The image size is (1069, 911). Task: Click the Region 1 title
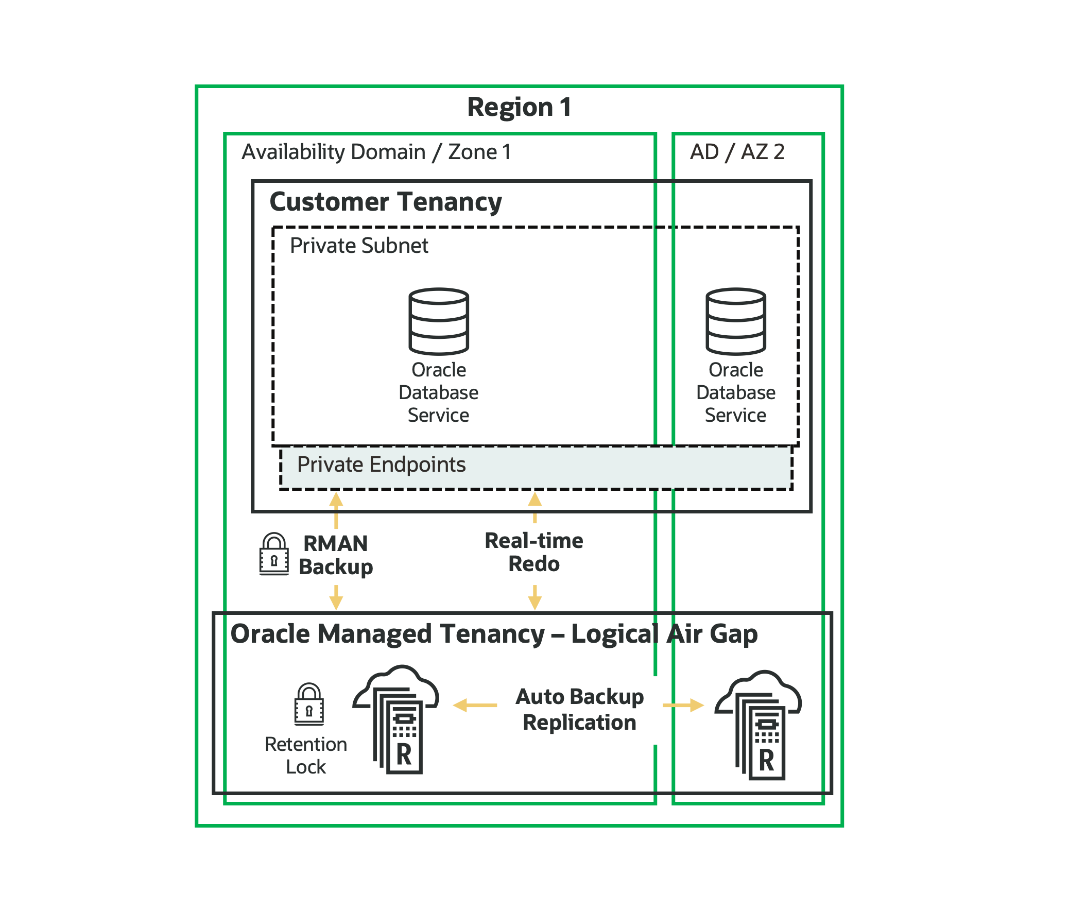pos(519,107)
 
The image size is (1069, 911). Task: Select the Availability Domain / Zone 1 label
pos(376,152)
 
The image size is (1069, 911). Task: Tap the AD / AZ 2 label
pos(737,152)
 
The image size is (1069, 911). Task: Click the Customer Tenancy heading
pos(385,202)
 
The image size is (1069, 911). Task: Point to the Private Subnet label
pos(358,246)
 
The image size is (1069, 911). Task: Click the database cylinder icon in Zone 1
pos(439,321)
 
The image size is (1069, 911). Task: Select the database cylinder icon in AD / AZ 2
pos(736,321)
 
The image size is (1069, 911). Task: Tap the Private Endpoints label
pos(381,465)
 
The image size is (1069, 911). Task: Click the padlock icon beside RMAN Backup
pos(274,555)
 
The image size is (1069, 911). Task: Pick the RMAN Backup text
pos(336,555)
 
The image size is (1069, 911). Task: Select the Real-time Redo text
pos(534,552)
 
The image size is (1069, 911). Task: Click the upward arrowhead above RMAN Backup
pos(336,499)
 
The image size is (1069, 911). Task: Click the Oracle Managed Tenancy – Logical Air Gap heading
pos(494,634)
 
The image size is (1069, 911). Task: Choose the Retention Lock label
pos(306,755)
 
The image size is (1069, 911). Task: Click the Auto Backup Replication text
pos(579,709)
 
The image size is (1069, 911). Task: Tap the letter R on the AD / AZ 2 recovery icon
pos(766,761)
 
